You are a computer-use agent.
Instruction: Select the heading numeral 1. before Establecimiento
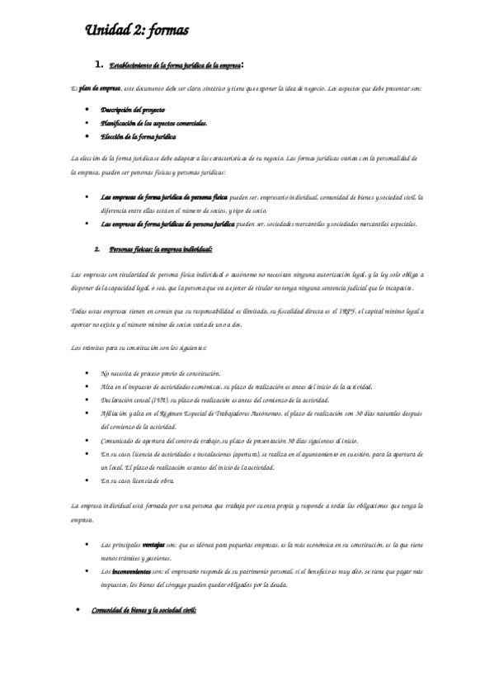pos(99,64)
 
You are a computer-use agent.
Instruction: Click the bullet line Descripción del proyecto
pos(132,109)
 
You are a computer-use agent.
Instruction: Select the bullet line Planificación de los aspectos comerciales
pos(153,122)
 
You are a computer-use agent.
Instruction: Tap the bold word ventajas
pos(154,546)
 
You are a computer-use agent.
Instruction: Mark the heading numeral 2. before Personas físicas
pos(98,248)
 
